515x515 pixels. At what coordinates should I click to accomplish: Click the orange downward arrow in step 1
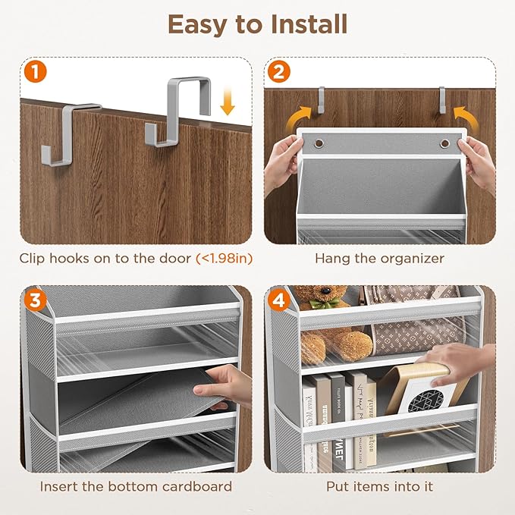[227, 103]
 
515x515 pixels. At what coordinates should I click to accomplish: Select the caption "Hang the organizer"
[380, 259]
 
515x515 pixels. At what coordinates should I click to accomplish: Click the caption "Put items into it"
[380, 486]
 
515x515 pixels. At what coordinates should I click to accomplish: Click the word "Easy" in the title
[196, 24]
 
